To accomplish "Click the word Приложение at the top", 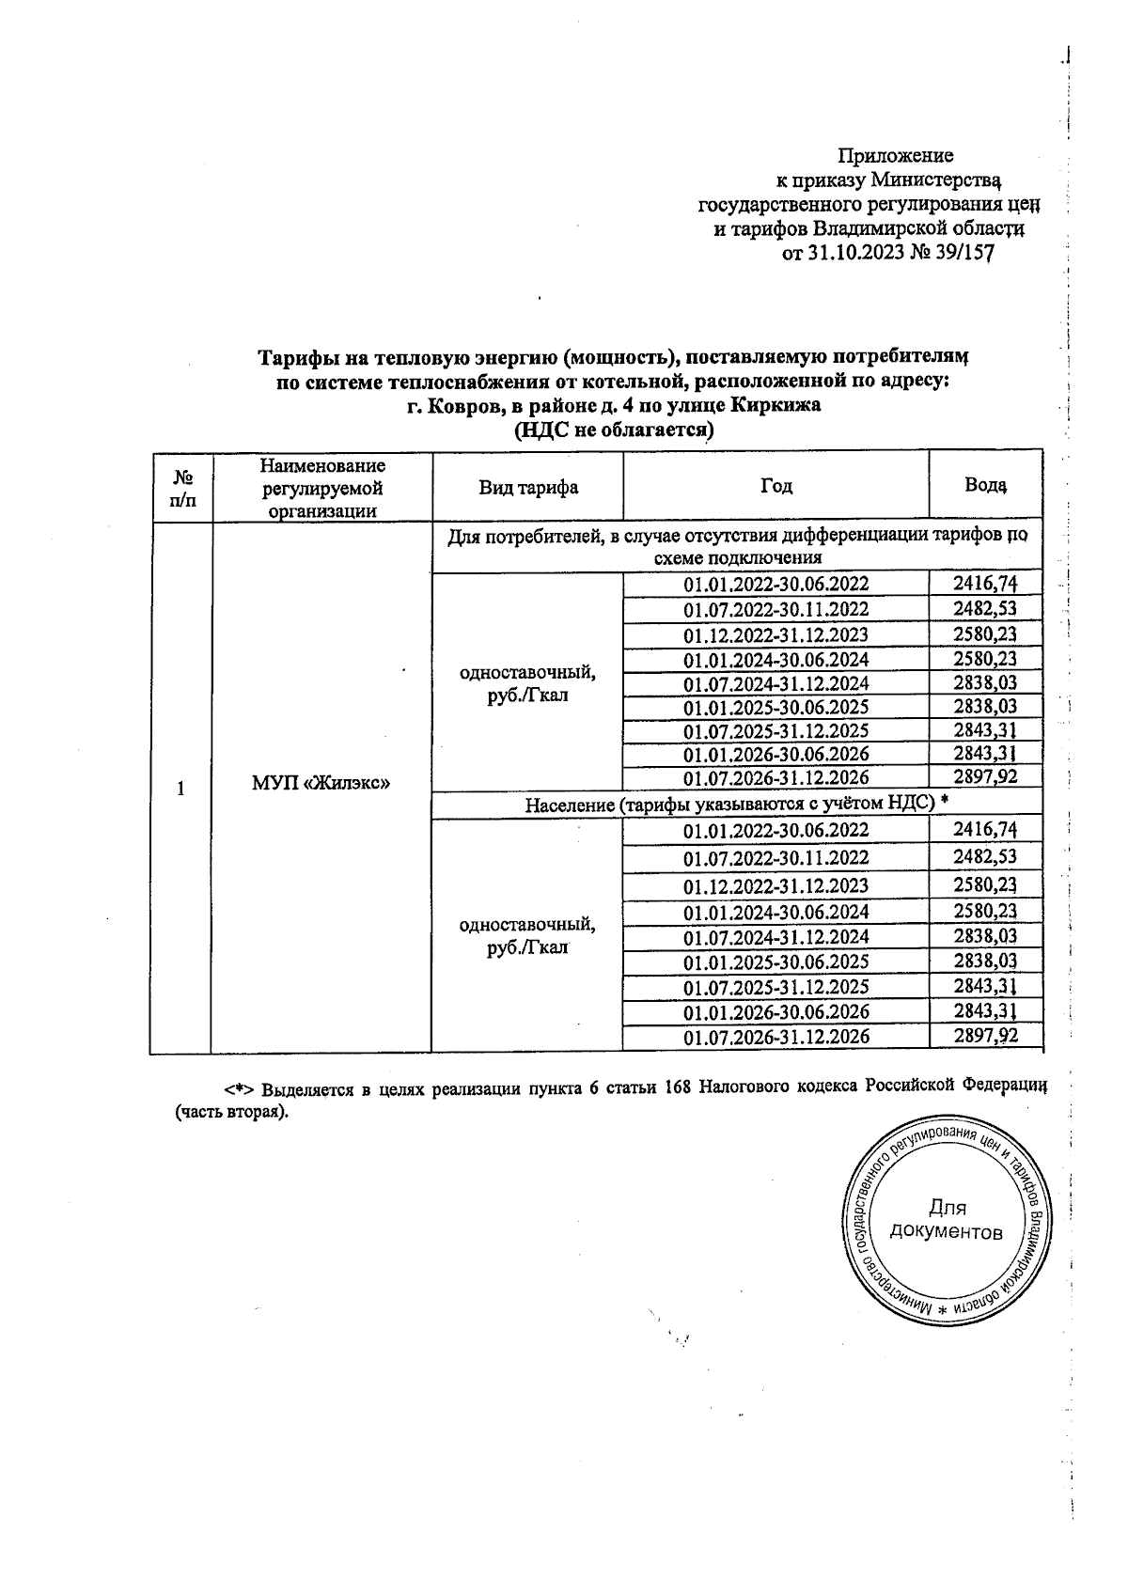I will (x=895, y=155).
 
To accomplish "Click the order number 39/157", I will (x=960, y=253).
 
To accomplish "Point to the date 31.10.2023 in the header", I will (x=854, y=253).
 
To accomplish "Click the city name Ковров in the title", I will (x=460, y=406).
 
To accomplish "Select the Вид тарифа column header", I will (x=527, y=487).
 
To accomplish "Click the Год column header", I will (x=775, y=486).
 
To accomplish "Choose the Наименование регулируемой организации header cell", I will (x=322, y=487).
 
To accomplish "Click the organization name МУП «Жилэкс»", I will (x=321, y=783).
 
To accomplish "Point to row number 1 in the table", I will (x=180, y=788).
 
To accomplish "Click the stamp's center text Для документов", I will (x=946, y=1219).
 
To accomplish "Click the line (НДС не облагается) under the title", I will (x=613, y=430).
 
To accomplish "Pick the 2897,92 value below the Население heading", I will (x=985, y=1036).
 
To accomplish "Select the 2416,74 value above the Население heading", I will (x=985, y=584).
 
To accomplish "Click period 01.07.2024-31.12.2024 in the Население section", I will (x=775, y=937).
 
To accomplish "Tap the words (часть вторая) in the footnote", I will (x=230, y=1112).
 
